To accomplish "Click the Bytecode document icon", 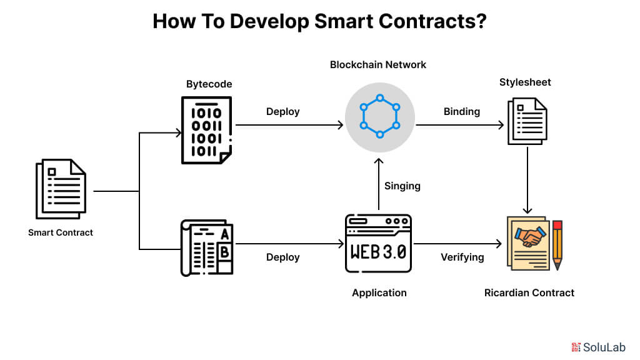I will pos(206,130).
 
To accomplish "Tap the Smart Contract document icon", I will pos(60,189).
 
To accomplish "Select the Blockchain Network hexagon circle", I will pos(379,117).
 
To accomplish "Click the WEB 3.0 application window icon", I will pos(378,244).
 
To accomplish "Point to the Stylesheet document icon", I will pos(526,122).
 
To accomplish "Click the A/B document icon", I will pos(206,247).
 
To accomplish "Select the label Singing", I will pos(402,186).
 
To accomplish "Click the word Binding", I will pos(461,111).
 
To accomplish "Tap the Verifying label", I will pos(462,257).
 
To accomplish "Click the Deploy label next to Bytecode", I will pos(282,111).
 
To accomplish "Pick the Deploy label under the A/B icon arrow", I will pos(282,257).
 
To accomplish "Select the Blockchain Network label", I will pos(378,64).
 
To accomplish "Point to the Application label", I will pos(379,292).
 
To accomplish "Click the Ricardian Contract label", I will pos(529,292).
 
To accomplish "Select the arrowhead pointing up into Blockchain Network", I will pos(379,161).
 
